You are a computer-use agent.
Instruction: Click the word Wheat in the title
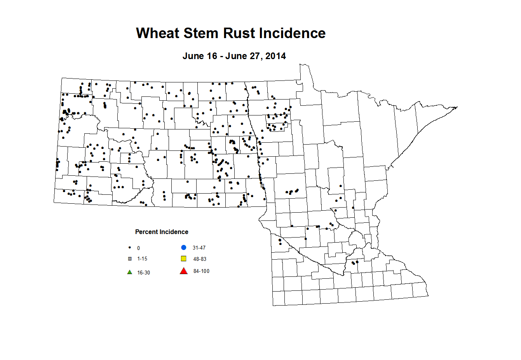[x=158, y=33]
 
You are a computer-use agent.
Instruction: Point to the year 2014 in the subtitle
[x=275, y=56]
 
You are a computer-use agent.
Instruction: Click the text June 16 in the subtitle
[x=200, y=56]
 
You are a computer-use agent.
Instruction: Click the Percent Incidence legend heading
[x=162, y=232]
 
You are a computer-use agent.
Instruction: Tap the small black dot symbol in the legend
[x=130, y=248]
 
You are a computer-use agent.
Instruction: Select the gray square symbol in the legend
[x=130, y=259]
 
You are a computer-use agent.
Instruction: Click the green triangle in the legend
[x=130, y=272]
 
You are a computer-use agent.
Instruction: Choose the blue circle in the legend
[x=184, y=248]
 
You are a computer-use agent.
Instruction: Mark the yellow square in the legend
[x=184, y=259]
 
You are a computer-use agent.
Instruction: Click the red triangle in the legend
[x=184, y=271]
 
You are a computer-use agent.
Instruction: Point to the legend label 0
[x=138, y=248]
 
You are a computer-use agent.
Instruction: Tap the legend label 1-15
[x=142, y=259]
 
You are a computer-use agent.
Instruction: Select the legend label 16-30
[x=143, y=273]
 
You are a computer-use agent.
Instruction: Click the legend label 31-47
[x=199, y=248]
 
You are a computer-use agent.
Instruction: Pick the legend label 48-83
[x=200, y=259]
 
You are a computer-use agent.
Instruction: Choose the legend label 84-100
[x=201, y=271]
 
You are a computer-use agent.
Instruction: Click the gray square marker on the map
[x=262, y=185]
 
